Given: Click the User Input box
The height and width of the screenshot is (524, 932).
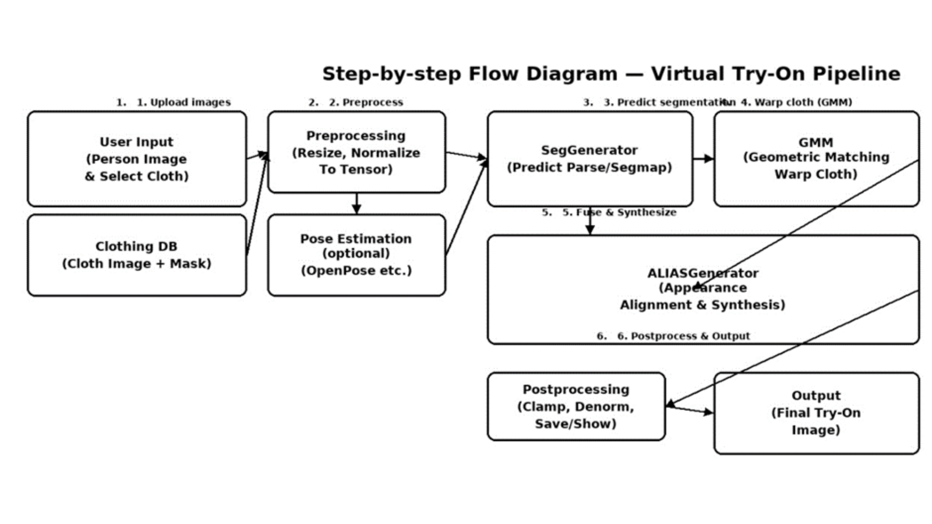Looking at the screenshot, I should point(136,159).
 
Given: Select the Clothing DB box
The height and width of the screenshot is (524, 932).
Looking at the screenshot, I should point(136,255).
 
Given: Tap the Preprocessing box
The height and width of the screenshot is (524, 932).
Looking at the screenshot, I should point(356,152).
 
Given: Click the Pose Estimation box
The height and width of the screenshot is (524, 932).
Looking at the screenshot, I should point(356,255).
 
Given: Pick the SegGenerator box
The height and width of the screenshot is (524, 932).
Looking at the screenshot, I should point(589,158).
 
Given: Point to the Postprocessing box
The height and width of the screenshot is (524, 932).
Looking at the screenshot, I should point(576,406).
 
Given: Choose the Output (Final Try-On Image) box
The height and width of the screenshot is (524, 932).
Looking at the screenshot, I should point(815,413).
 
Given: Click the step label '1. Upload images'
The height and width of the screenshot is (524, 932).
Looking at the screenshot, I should point(183,102).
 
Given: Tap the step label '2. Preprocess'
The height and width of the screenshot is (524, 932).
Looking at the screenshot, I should point(365,102).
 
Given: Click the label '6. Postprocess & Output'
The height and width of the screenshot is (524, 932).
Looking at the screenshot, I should point(683,336).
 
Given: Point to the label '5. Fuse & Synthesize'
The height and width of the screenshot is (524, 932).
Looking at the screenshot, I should point(619,213).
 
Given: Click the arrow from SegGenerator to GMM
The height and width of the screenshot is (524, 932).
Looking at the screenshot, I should point(703,158).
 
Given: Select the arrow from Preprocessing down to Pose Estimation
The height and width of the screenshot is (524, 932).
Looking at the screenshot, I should point(356,203).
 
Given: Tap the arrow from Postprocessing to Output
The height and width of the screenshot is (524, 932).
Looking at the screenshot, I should point(690,410).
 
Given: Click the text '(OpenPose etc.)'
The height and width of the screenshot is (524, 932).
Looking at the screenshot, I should point(356,271).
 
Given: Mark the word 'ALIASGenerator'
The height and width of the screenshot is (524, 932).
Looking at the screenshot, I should point(702,273).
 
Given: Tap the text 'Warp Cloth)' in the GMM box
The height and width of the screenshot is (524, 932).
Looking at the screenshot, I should point(815,174).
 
